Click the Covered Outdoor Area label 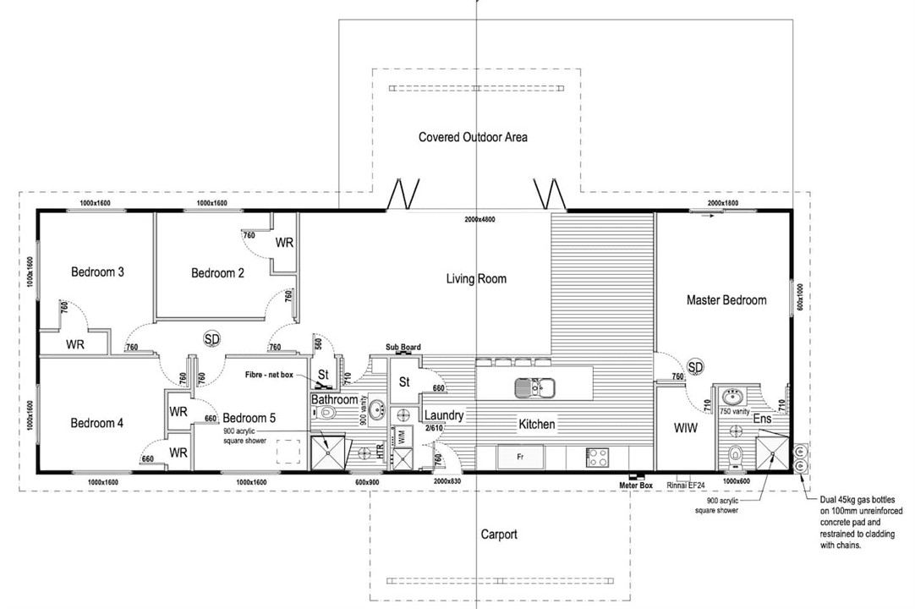coord(473,137)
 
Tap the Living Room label coord(476,278)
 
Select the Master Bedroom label coord(726,300)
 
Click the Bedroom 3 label coord(98,272)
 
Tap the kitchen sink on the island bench coord(534,388)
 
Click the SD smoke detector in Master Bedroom coord(695,367)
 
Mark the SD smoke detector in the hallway coord(211,339)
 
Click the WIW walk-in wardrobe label coord(685,429)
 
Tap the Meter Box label coord(635,486)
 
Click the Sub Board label coord(403,348)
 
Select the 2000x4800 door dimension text coord(479,221)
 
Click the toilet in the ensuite coord(735,454)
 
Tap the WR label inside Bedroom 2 coord(284,243)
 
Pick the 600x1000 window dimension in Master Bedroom coord(799,298)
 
